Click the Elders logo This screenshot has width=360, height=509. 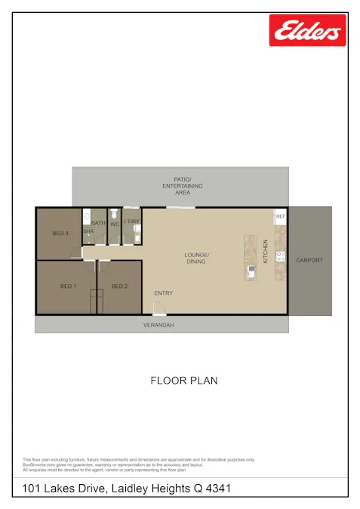[307, 31]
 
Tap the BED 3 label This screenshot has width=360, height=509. [60, 234]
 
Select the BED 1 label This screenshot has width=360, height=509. [68, 287]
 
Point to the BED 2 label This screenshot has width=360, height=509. [119, 287]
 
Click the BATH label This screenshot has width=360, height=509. [99, 223]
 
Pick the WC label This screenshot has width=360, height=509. [115, 223]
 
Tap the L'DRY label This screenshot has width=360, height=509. [132, 221]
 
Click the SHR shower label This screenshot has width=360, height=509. [88, 231]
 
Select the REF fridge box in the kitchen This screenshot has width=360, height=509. [280, 216]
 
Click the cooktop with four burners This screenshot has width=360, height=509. [280, 256]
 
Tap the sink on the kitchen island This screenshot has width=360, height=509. [250, 269]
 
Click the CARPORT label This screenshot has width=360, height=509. [309, 260]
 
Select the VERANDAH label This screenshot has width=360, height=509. [159, 325]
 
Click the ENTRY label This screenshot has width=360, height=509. [164, 293]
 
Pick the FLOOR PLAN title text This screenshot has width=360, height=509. [184, 381]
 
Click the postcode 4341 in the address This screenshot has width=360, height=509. [217, 489]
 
